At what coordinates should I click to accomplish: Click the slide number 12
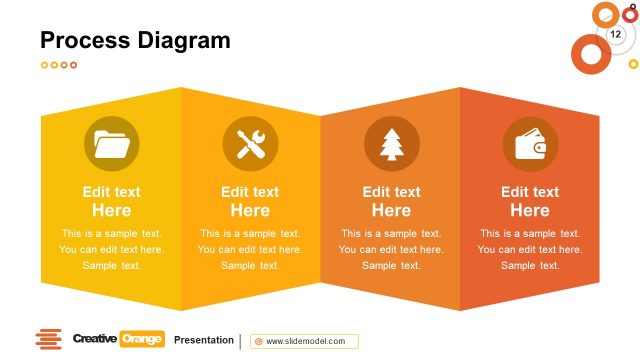(x=615, y=34)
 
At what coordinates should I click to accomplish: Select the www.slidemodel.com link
(x=305, y=341)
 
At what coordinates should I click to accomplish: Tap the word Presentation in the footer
(x=203, y=340)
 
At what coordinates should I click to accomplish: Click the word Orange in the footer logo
(x=141, y=340)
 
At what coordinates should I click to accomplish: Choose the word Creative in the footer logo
(x=94, y=340)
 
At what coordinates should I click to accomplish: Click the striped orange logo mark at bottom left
(x=48, y=340)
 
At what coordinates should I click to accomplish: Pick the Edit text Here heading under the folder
(x=111, y=201)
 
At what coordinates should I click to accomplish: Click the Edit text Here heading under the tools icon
(x=250, y=201)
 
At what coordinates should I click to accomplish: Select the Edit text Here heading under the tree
(x=391, y=201)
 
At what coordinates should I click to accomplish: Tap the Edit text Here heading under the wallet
(x=530, y=201)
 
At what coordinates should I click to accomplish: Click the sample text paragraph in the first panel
(x=111, y=249)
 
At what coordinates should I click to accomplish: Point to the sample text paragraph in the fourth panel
(x=530, y=249)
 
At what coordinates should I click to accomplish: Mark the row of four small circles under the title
(x=59, y=65)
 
